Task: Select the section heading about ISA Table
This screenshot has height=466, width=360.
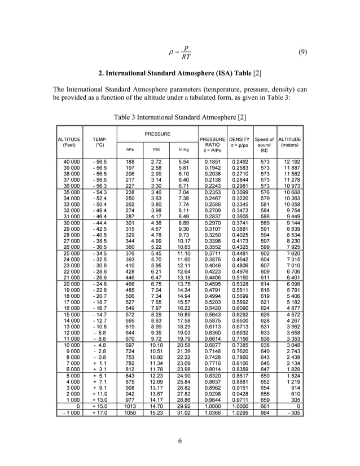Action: [x=180, y=75]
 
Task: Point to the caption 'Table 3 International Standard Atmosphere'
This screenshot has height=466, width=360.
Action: [x=180, y=116]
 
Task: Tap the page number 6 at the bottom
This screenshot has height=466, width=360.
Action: [x=179, y=441]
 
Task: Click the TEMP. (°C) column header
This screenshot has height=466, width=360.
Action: [x=100, y=142]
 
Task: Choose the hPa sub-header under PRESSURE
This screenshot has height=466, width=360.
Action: [x=129, y=150]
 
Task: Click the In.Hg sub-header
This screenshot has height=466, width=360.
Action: [x=183, y=150]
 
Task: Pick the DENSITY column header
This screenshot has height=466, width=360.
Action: [x=239, y=142]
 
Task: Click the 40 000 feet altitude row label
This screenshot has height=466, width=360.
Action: [x=71, y=162]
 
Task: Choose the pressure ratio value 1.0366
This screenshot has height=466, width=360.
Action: [x=212, y=412]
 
